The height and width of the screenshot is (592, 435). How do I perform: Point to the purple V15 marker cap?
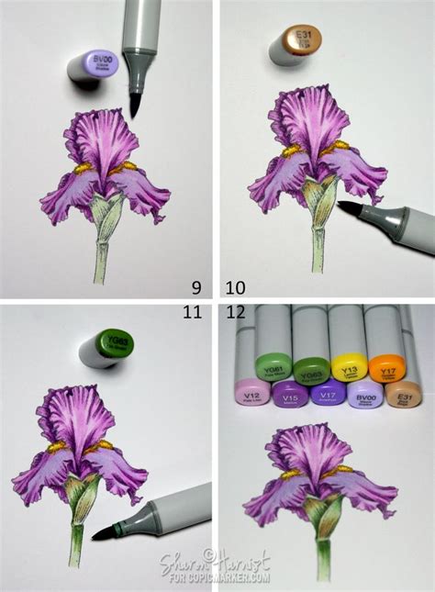pyautogui.click(x=291, y=397)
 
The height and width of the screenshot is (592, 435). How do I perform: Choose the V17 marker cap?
pyautogui.click(x=328, y=396)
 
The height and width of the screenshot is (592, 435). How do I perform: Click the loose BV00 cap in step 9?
pyautogui.click(x=94, y=67)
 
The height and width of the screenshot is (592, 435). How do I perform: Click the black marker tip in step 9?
pyautogui.click(x=135, y=105)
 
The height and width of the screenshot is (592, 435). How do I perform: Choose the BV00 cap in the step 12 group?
pyautogui.click(x=363, y=396)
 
